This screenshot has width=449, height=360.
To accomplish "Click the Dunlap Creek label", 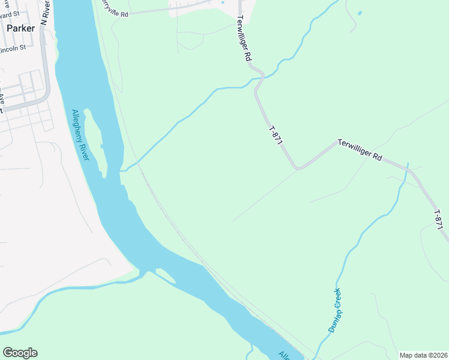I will click(x=334, y=310).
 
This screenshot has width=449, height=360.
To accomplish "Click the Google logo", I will click(x=20, y=353).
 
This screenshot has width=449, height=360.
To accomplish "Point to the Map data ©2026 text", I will click(x=423, y=355).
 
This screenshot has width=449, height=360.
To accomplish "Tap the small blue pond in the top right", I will click(x=360, y=13).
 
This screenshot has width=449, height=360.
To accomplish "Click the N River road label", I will click(x=45, y=12).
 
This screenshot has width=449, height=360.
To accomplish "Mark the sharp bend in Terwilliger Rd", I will click(x=298, y=167).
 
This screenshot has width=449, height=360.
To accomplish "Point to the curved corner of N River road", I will click(x=44, y=96).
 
